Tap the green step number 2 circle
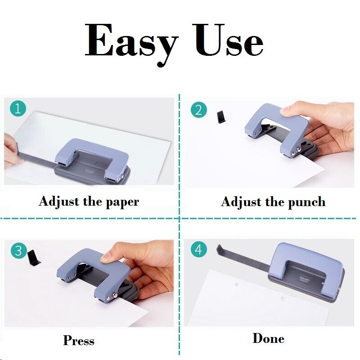point(198,109)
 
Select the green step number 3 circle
point(18,250)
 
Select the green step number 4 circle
point(198,249)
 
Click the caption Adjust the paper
point(89,201)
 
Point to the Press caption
point(79,340)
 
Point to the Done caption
point(268,338)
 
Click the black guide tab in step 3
point(33,258)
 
